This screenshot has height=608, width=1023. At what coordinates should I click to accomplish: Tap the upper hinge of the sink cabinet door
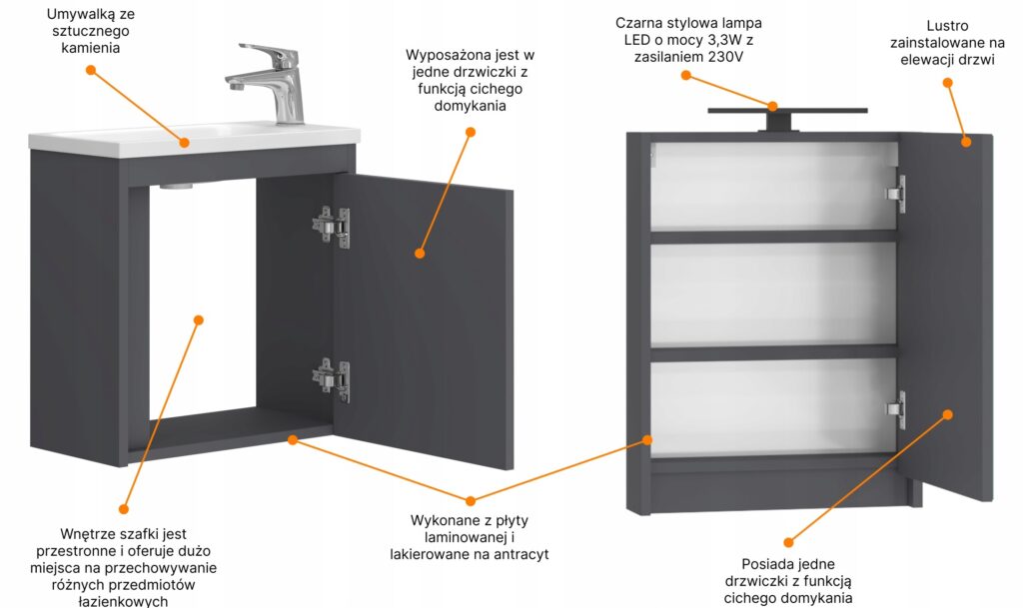point(332,226)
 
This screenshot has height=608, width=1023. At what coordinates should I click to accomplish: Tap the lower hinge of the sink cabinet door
point(332,380)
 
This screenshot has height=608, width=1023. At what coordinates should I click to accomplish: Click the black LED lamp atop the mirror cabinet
point(787,117)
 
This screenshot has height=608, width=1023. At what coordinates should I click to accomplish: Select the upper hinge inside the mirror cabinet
point(896,194)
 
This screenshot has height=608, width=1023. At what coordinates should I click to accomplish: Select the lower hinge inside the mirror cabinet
point(896,409)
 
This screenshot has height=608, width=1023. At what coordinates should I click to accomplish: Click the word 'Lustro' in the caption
point(947,26)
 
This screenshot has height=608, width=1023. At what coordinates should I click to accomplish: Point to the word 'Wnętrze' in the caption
point(87,534)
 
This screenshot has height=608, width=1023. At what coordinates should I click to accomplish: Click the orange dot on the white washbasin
point(184,142)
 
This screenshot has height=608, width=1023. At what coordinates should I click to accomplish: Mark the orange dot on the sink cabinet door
point(420,253)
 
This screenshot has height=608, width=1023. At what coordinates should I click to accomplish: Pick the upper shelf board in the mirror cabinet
point(774,236)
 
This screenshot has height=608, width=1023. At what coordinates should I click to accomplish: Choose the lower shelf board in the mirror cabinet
point(774,352)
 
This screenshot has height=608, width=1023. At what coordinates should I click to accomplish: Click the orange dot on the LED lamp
point(772,106)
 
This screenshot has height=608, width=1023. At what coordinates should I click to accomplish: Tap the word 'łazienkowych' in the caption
point(123,601)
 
